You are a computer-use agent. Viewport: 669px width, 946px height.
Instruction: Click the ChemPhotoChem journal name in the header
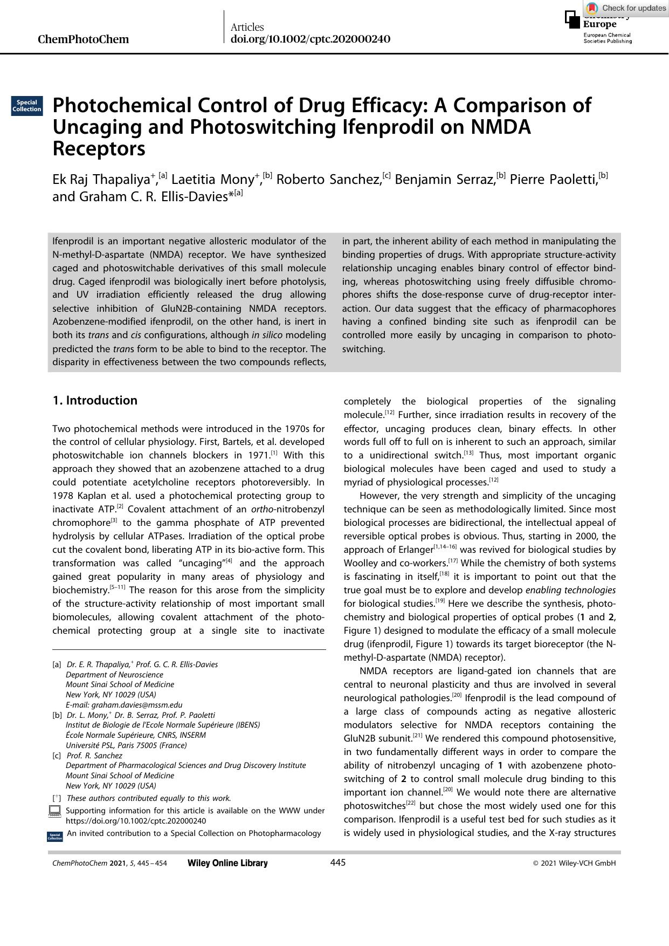[84, 39]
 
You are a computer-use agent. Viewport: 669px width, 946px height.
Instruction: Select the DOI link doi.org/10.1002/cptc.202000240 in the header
[310, 39]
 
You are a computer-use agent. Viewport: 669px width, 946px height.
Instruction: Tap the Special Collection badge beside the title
[27, 106]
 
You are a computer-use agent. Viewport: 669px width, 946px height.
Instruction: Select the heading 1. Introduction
[95, 400]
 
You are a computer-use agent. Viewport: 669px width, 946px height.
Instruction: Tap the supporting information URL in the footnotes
[136, 821]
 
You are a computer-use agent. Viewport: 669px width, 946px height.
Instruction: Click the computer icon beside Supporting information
[54, 811]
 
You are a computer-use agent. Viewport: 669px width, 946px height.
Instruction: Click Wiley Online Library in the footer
[227, 863]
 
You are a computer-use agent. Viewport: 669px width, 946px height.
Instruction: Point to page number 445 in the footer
[337, 862]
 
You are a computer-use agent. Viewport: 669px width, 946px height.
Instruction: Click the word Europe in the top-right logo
[599, 24]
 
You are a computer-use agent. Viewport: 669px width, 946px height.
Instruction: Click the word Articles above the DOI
[247, 27]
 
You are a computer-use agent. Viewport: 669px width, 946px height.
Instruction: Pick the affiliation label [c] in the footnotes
[57, 756]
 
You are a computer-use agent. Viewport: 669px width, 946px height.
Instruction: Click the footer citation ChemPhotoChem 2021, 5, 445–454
[109, 863]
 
